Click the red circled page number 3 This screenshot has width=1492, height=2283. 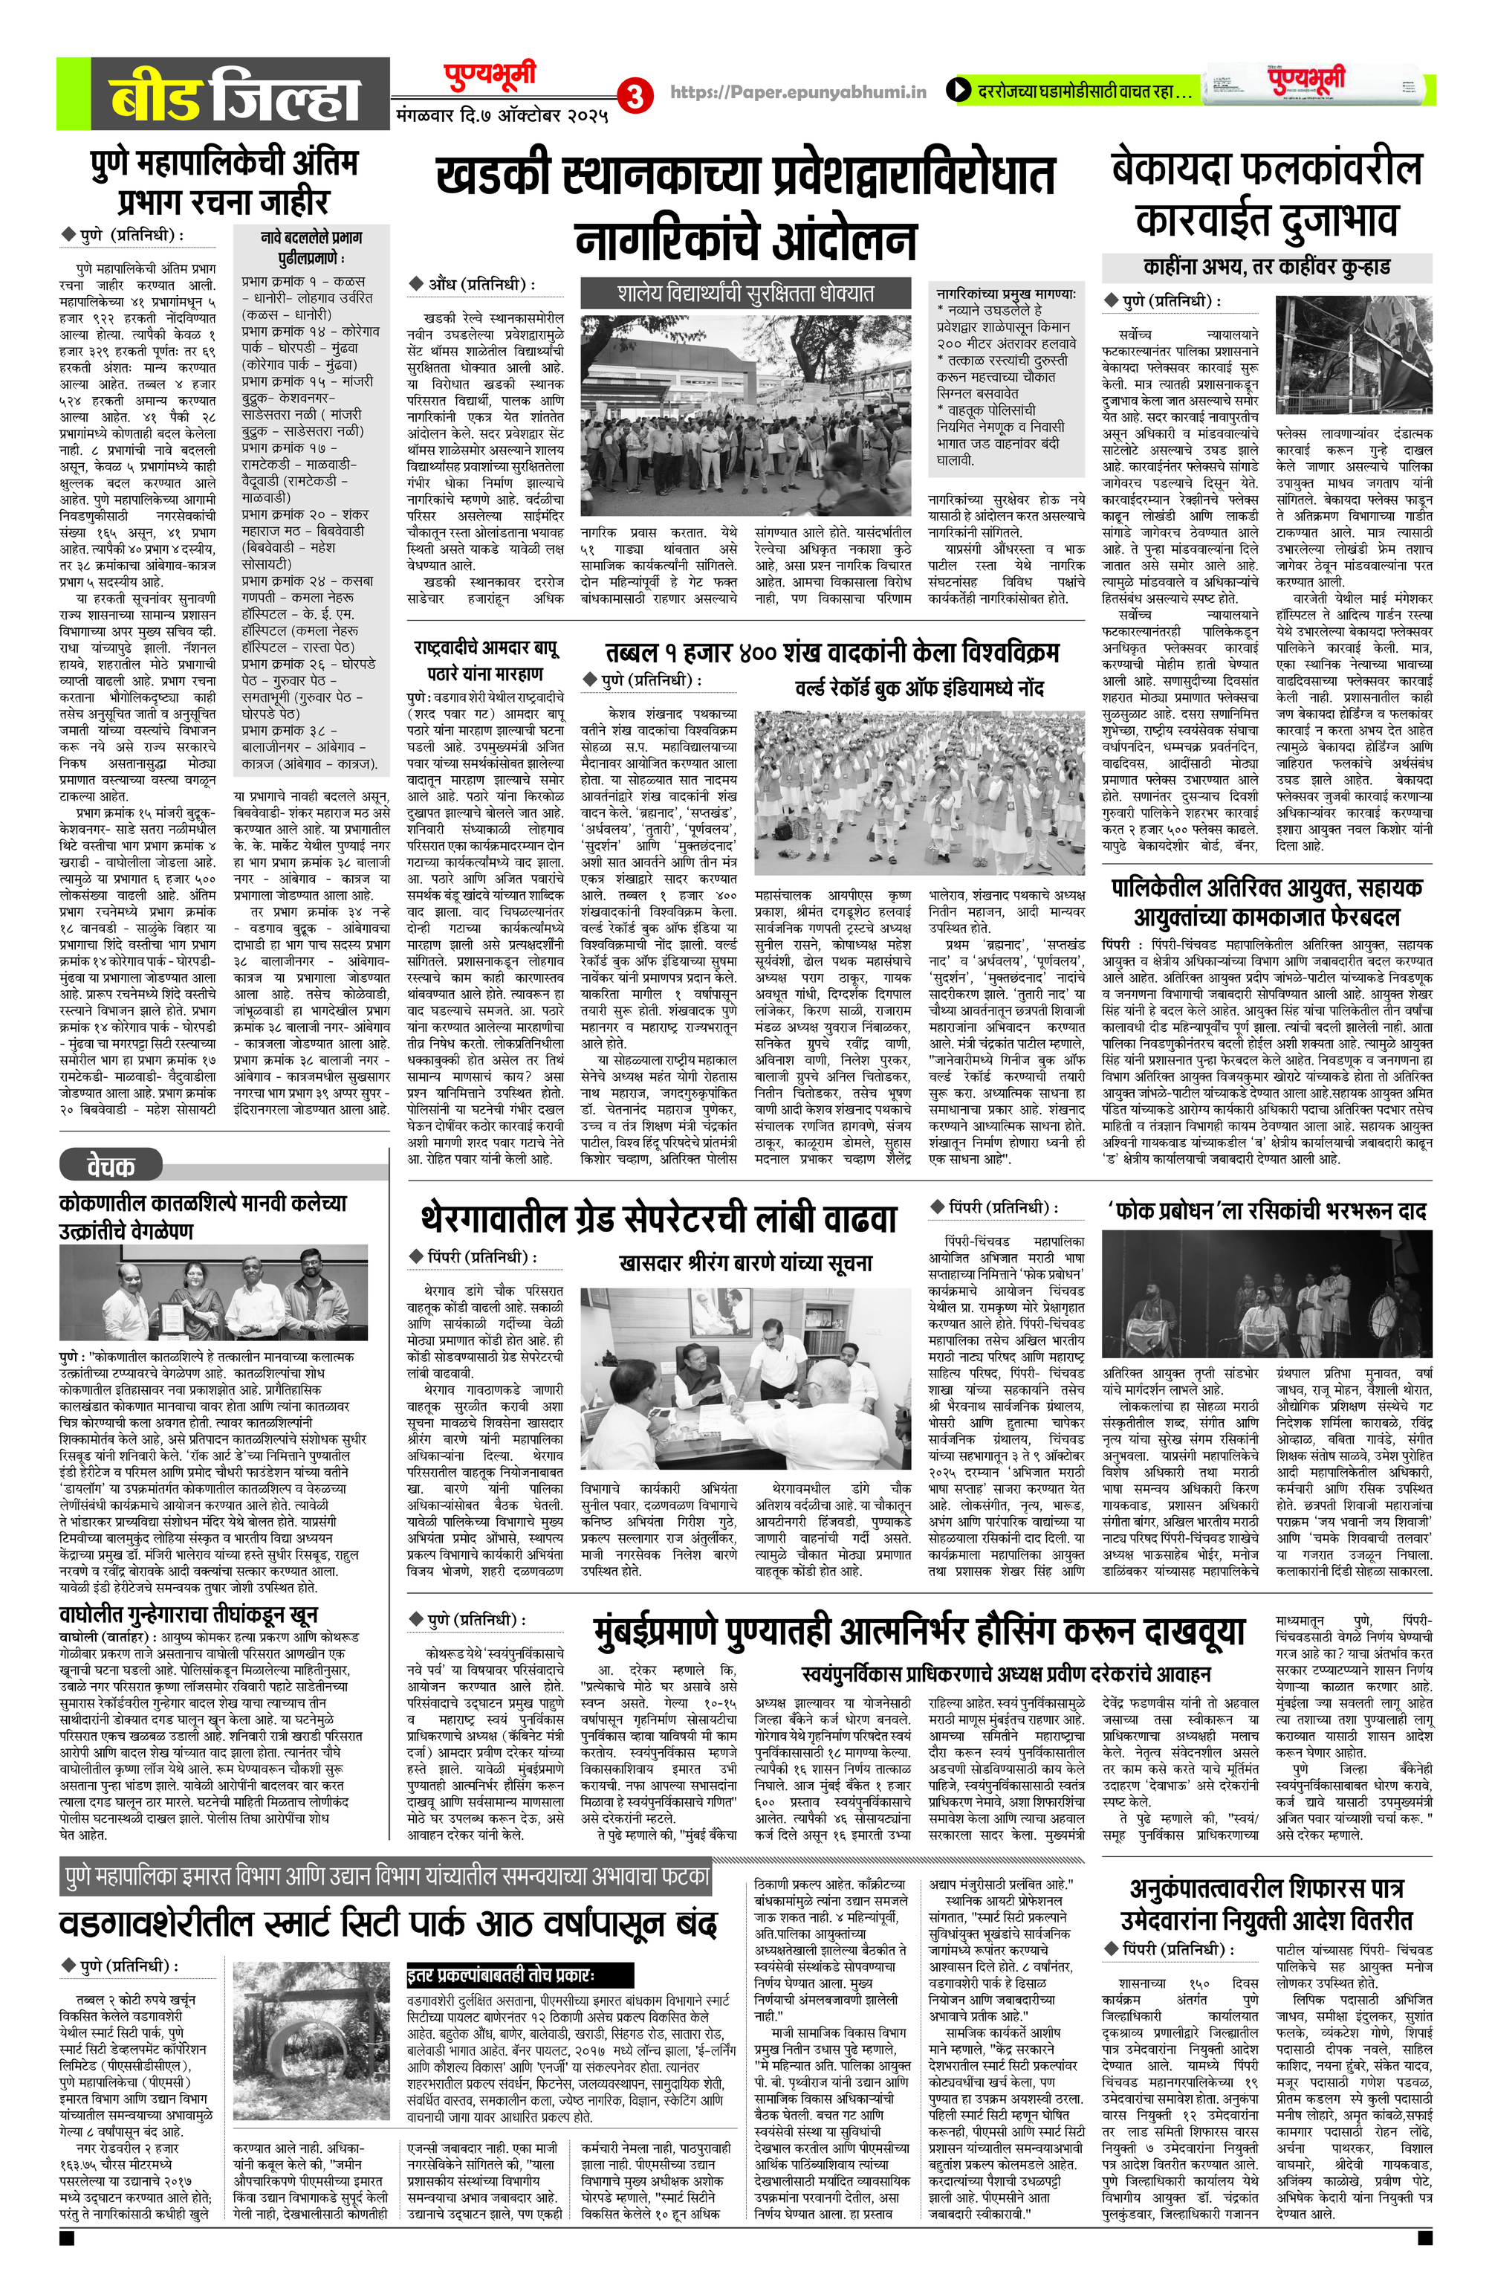(634, 96)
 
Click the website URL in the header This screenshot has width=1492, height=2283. (798, 92)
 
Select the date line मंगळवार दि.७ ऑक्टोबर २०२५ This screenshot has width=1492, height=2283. (502, 117)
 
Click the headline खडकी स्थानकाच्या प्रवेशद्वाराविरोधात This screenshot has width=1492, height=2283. (745, 175)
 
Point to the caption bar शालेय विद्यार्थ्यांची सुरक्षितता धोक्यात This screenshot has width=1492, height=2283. (745, 294)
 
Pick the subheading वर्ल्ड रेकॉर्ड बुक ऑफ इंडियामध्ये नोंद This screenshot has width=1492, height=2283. (918, 688)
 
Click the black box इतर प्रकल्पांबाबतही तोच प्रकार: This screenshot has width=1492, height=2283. (519, 1975)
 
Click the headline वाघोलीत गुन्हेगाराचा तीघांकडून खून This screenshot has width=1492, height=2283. (188, 1615)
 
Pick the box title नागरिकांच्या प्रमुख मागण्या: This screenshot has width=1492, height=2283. (1006, 294)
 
